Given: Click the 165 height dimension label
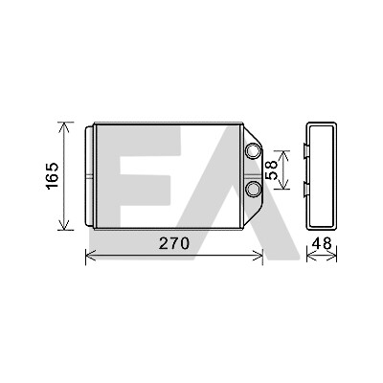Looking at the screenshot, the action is tap(53, 175).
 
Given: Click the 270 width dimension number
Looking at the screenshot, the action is tap(174, 244).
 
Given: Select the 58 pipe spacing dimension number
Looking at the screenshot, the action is tap(272, 169).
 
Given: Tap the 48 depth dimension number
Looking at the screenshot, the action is tap(322, 244).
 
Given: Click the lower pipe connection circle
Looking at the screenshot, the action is tap(254, 188).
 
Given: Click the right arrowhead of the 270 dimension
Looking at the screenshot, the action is tap(258, 256).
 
